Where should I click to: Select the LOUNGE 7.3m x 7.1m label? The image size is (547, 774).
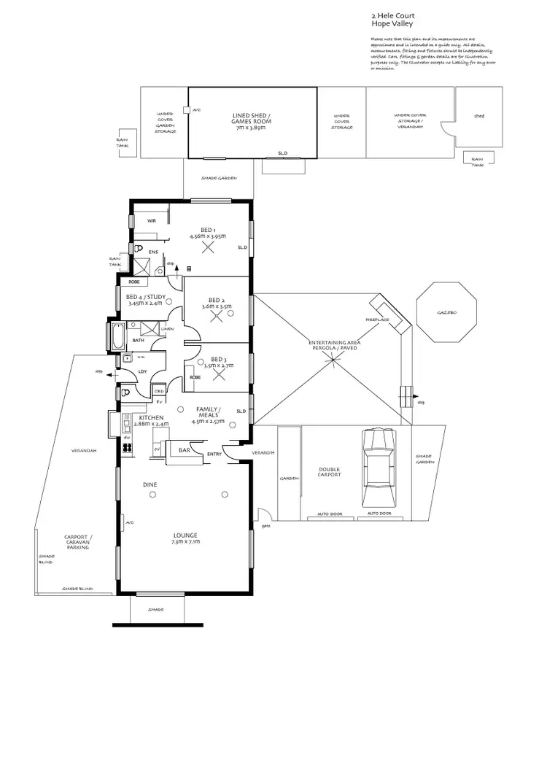pos(185,538)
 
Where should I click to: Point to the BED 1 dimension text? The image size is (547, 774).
pos(208,236)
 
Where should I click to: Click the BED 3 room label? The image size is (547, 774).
pos(217,359)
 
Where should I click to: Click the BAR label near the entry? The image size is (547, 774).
pos(185,451)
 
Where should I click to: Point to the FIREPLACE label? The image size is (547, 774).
pos(376,320)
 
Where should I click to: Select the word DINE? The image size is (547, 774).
pos(150,484)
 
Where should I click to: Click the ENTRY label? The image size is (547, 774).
pos(214,454)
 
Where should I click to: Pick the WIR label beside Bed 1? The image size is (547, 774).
pos(152,220)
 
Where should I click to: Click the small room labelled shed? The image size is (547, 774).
pos(479,116)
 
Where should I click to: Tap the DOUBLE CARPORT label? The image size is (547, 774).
pos(329,473)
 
